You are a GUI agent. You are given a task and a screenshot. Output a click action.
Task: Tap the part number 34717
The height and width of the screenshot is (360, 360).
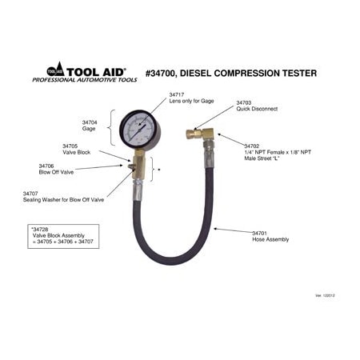(177, 94)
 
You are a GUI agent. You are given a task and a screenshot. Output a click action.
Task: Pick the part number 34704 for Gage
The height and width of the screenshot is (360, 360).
(90, 122)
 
